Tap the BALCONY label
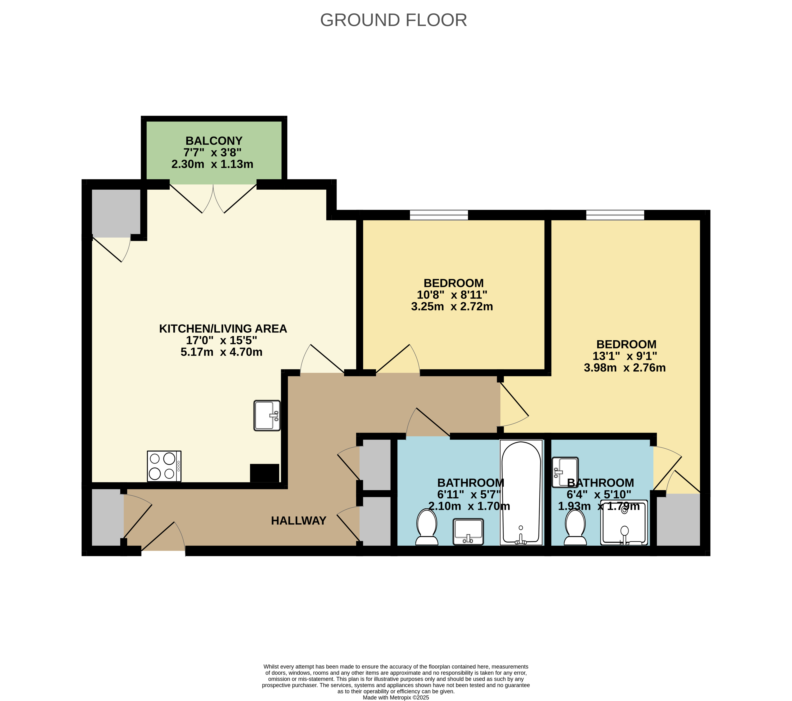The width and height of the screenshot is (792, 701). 214,141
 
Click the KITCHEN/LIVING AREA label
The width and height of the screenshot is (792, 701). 223,329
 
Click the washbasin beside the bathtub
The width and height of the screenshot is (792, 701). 468,532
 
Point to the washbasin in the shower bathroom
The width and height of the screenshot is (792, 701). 565,472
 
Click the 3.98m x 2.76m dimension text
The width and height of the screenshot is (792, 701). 625,367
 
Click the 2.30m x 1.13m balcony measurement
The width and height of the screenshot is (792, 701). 212,164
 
